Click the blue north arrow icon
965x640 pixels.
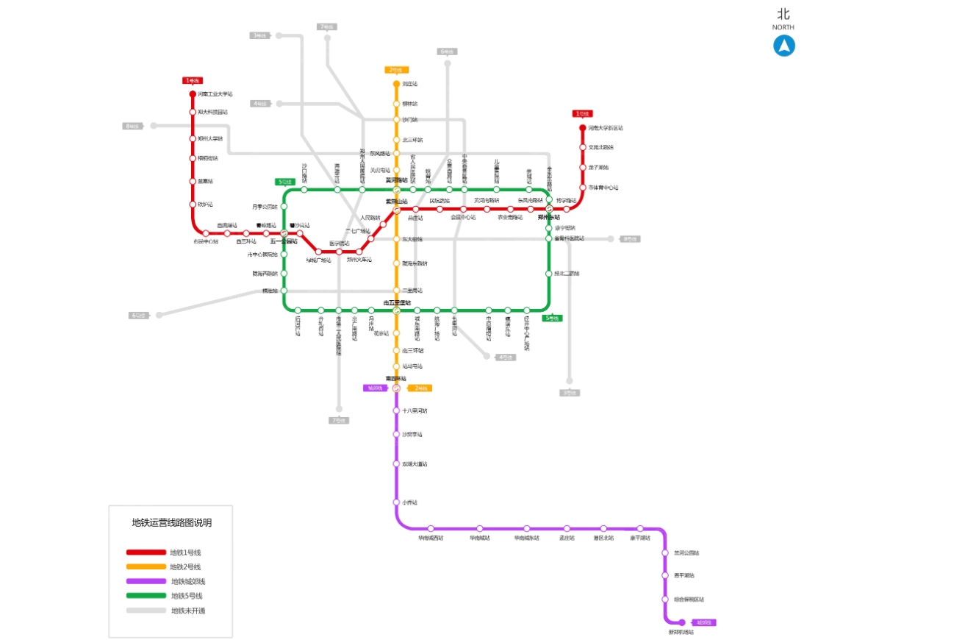(783, 46)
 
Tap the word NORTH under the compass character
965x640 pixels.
(783, 27)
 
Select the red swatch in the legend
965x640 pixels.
(146, 552)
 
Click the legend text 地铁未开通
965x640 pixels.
(188, 611)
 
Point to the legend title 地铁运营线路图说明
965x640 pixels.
(171, 523)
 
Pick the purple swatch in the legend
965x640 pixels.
(146, 581)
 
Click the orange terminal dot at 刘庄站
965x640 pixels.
(396, 84)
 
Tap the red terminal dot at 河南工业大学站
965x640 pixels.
(193, 94)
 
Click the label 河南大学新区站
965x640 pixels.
(606, 128)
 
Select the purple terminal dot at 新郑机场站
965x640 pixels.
(682, 622)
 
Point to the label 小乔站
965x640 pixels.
(409, 502)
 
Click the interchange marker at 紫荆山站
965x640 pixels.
(396, 209)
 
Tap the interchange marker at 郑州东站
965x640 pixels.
(548, 209)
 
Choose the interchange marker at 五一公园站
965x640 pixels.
(284, 233)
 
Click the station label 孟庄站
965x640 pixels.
(567, 538)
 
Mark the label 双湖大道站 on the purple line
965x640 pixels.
(415, 464)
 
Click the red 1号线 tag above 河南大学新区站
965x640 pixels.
(582, 114)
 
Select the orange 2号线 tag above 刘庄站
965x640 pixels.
(396, 71)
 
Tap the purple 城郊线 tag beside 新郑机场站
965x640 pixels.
(704, 622)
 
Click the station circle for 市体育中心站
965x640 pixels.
(582, 188)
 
